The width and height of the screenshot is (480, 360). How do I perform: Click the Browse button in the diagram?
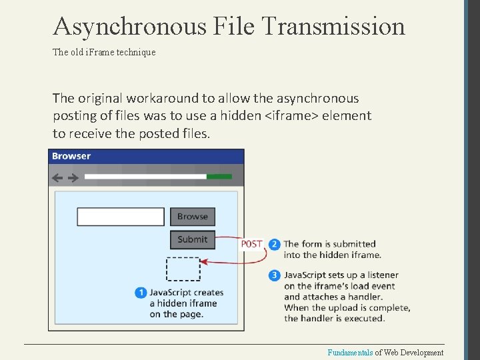click(193, 217)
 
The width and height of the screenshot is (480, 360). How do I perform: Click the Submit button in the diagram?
click(193, 239)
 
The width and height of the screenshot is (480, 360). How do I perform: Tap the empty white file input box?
click(121, 217)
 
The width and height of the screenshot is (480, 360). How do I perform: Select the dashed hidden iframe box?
click(183, 269)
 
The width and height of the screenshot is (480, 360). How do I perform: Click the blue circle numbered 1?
click(141, 293)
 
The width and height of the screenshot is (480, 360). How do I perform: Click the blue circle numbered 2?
click(275, 244)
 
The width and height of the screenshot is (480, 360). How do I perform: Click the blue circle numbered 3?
click(275, 275)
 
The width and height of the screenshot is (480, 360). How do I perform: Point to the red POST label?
click(252, 244)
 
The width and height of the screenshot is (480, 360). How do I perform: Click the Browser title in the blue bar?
click(71, 156)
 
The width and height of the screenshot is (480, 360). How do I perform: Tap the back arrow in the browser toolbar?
click(57, 177)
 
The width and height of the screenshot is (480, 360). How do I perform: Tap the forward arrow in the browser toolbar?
click(73, 177)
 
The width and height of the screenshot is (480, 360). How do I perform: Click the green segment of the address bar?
click(219, 177)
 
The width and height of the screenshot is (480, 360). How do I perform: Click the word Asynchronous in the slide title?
click(130, 26)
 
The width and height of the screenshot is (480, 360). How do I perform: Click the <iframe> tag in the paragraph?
click(291, 116)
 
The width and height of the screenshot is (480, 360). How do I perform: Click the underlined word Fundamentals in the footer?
click(350, 353)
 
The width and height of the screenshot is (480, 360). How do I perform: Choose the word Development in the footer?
click(421, 353)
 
